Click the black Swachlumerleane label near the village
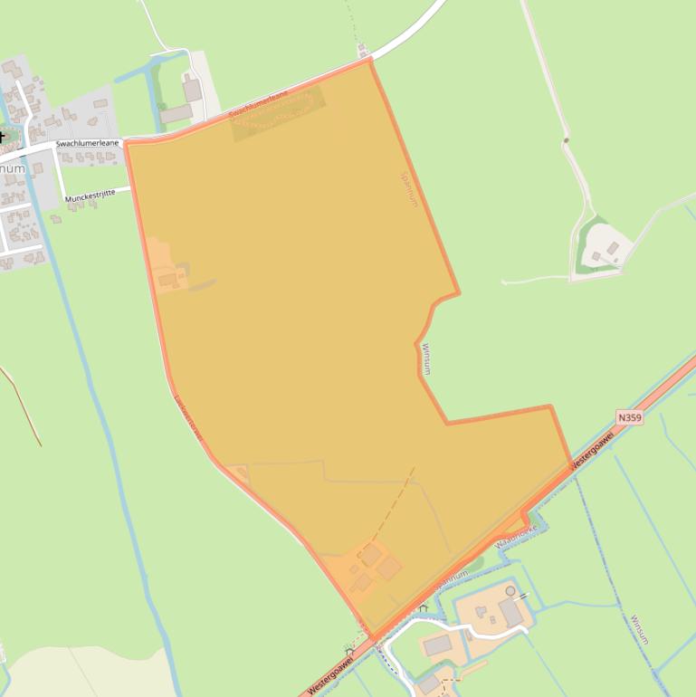87,143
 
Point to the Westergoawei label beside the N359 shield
592,449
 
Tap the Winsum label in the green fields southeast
639,628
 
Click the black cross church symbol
2,137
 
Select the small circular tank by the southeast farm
510,591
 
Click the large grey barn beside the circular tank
511,612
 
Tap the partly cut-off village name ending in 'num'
12,168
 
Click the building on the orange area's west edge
168,280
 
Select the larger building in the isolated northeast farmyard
613,247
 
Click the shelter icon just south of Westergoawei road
349,648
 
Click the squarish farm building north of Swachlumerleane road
192,90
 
